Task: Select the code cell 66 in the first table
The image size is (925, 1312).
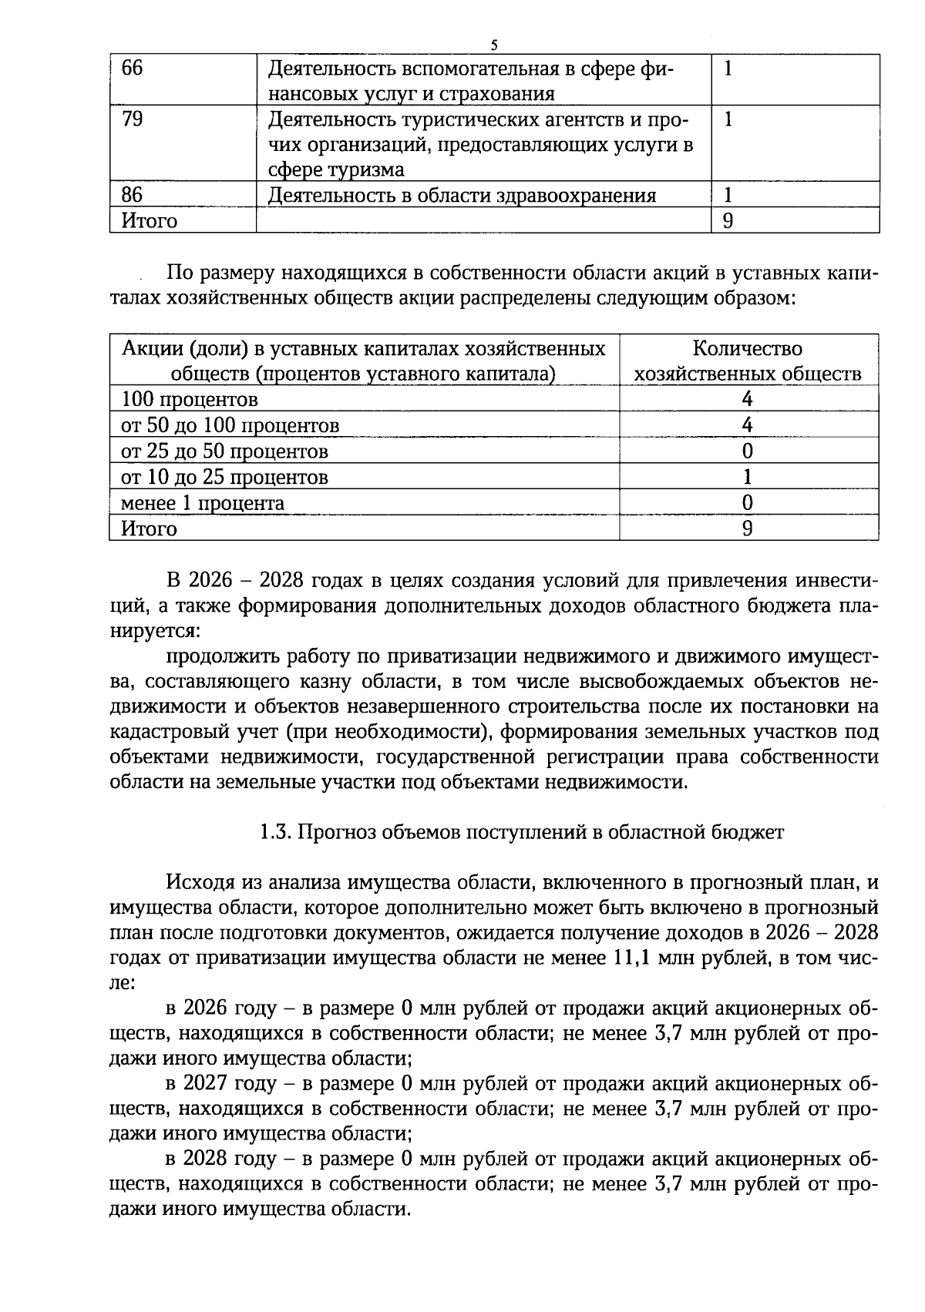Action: coord(133,69)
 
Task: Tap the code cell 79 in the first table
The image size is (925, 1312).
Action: coord(133,119)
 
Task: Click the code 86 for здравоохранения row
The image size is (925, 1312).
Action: coord(133,195)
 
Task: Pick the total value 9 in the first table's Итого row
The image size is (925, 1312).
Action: coord(728,221)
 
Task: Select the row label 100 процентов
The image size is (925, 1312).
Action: coord(190,400)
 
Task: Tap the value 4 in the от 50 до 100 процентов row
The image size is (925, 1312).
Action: coord(747,425)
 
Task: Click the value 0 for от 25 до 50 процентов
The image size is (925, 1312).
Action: coord(747,451)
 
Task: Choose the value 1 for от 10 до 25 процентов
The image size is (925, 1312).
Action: coord(747,477)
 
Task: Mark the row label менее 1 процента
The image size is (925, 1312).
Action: coord(203,503)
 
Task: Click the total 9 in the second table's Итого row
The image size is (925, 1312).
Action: coord(747,528)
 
